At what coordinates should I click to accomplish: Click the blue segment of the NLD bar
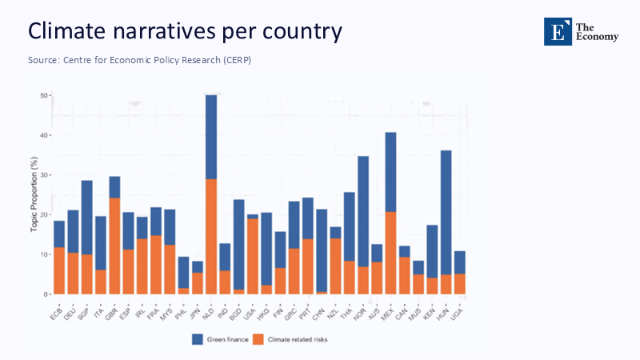tap(211, 137)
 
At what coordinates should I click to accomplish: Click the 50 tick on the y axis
tap(44, 96)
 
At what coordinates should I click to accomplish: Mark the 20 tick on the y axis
tap(44, 215)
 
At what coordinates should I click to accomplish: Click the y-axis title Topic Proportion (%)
tap(34, 197)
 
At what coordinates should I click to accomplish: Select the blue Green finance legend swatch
tap(198, 339)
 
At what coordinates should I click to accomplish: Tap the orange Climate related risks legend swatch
tap(258, 339)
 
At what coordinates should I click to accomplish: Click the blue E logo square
tap(558, 31)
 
